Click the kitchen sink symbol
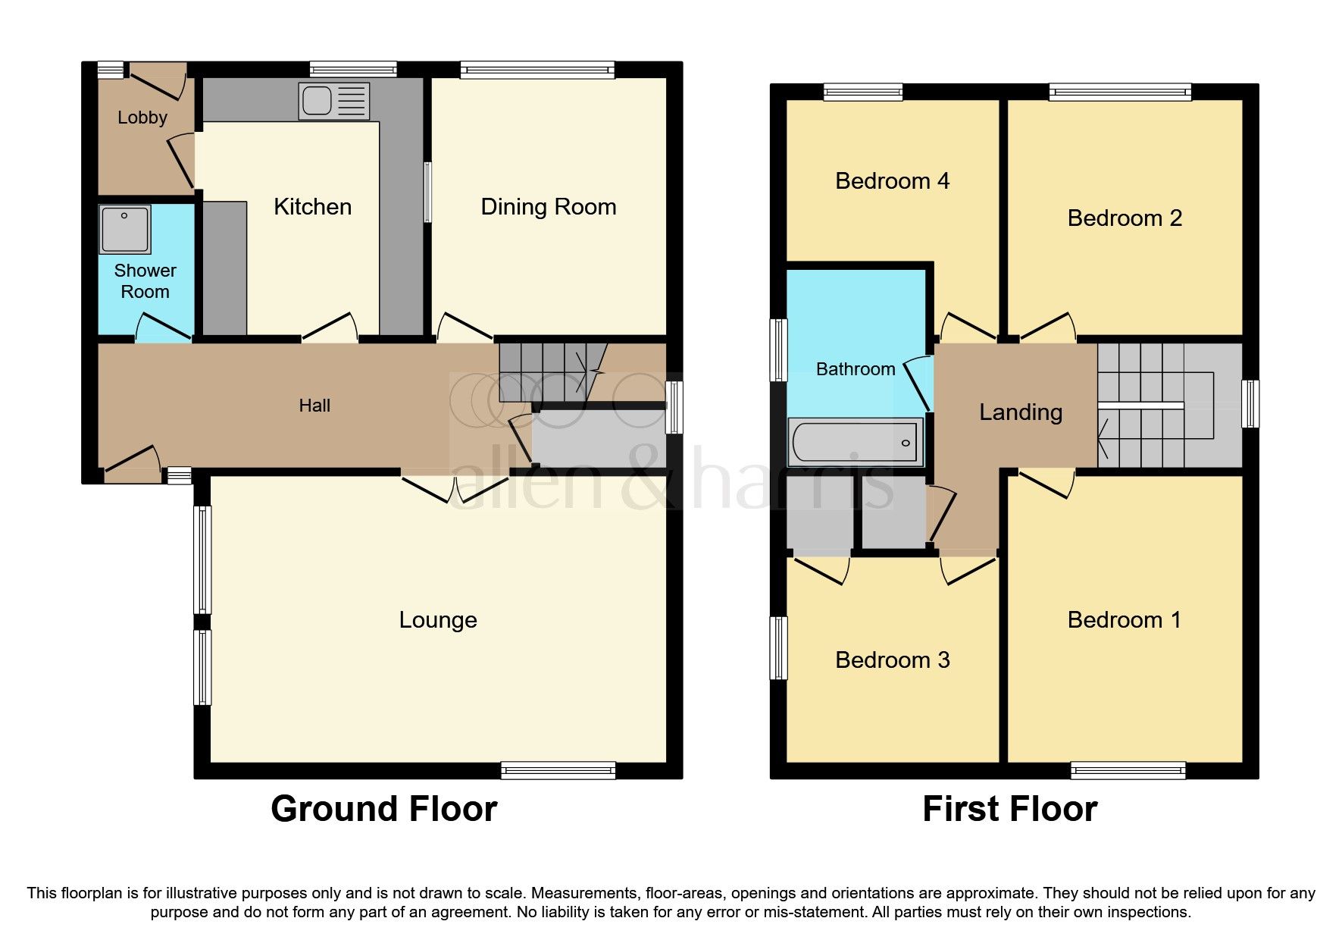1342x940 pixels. tap(334, 101)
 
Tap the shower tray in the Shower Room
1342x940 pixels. tap(125, 229)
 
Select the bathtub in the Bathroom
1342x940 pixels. tap(856, 442)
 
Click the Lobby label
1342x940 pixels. tap(142, 117)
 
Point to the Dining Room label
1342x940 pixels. tap(548, 207)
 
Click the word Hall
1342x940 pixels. tap(314, 406)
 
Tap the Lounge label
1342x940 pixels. tap(438, 620)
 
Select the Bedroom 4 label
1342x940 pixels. tap(892, 181)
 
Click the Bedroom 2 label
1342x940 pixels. tap(1125, 218)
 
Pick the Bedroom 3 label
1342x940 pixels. tap(892, 660)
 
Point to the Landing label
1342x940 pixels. tap(1020, 412)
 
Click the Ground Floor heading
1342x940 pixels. tap(383, 809)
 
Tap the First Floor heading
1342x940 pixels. tap(1009, 809)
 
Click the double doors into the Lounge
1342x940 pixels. tap(455, 488)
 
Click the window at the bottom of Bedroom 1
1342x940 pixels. tap(1128, 771)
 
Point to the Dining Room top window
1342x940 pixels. tap(537, 70)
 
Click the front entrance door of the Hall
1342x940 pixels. tap(133, 464)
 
